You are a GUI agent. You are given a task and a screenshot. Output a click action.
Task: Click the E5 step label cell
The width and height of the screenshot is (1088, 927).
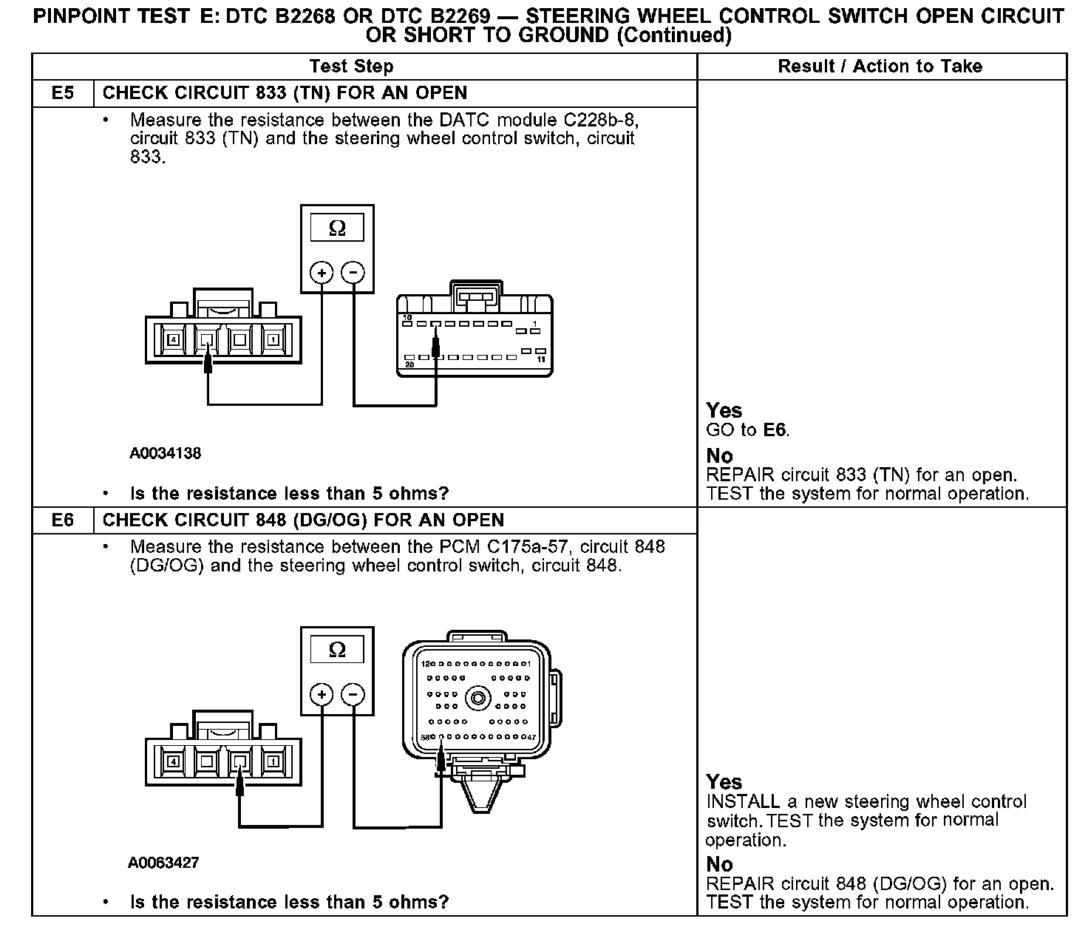(63, 93)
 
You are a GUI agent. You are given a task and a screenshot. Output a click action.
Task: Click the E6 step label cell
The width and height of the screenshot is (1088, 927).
(63, 520)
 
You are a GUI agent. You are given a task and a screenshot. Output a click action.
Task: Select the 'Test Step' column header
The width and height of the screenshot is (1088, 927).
(351, 67)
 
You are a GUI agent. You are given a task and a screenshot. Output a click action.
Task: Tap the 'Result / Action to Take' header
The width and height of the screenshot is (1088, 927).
(880, 67)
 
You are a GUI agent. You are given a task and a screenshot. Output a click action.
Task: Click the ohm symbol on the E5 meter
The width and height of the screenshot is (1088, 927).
(337, 229)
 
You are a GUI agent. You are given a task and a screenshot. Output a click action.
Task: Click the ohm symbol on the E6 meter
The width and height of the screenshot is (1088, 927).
(337, 651)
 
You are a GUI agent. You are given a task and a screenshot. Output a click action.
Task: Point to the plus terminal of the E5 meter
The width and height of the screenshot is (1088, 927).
(322, 273)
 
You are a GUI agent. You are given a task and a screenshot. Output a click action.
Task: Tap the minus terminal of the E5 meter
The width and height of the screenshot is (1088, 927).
(354, 273)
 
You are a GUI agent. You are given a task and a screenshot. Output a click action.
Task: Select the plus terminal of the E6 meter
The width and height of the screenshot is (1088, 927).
(322, 694)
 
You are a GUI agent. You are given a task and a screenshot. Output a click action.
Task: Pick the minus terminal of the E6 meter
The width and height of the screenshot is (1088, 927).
(354, 694)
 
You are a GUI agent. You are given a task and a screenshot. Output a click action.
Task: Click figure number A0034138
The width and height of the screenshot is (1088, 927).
(165, 453)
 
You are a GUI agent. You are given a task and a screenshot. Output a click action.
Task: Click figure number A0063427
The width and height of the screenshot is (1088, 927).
(163, 863)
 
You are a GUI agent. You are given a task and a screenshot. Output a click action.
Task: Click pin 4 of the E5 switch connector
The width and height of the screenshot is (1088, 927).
(174, 340)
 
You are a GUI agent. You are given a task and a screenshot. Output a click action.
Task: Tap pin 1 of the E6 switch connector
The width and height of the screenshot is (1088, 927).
(273, 761)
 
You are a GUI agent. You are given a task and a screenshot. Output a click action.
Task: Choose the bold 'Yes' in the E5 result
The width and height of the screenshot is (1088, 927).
(724, 410)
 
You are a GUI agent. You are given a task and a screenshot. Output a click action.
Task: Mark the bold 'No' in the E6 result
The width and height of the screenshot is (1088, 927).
(719, 864)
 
